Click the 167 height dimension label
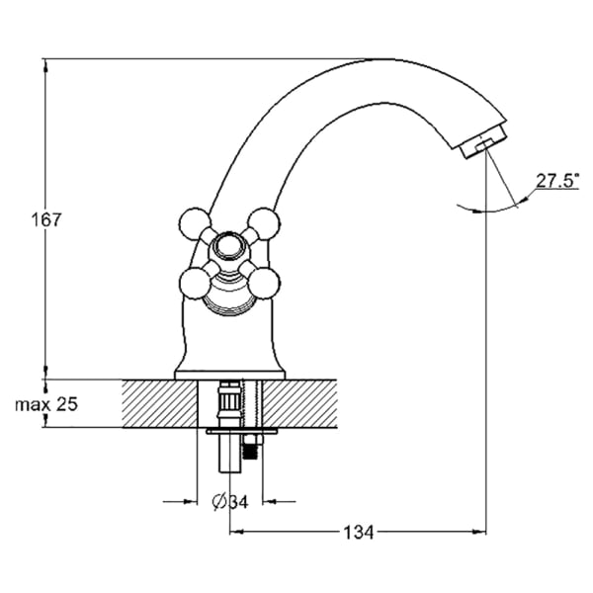[45, 219]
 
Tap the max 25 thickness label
[46, 404]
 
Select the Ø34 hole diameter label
[230, 502]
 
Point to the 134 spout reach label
[358, 533]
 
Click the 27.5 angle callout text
[557, 181]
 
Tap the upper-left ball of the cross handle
[195, 223]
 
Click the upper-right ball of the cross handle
[264, 223]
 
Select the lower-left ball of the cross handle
[195, 284]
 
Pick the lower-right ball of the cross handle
[264, 284]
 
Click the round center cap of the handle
[229, 246]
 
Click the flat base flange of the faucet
[229, 375]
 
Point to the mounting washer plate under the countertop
[242, 432]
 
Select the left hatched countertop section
[159, 403]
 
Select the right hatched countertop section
[299, 403]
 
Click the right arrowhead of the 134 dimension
[479, 532]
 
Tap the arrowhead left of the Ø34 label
[190, 502]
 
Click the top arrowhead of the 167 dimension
[45, 65]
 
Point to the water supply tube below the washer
[229, 453]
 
